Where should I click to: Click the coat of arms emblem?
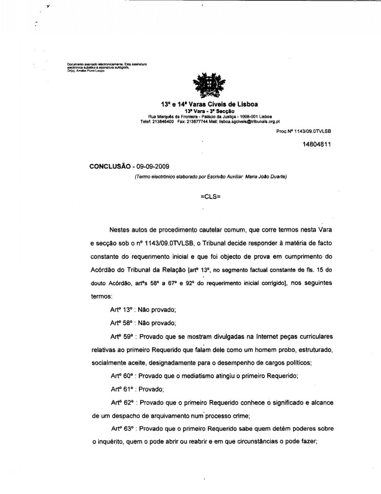pyautogui.click(x=207, y=86)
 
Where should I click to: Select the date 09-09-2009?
pyautogui.click(x=152, y=166)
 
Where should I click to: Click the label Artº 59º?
pyautogui.click(x=121, y=336)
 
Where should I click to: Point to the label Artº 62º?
pyautogui.click(x=121, y=402)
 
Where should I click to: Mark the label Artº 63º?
pyautogui.click(x=121, y=429)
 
